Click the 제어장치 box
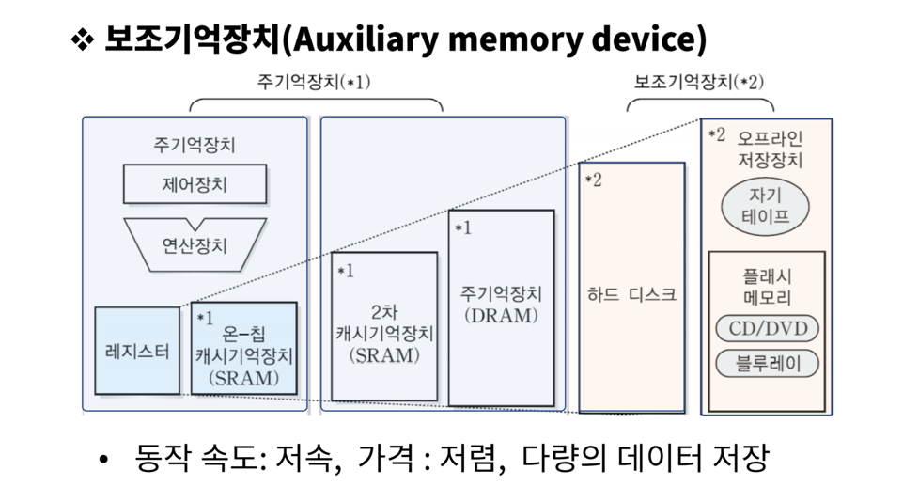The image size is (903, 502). click(195, 184)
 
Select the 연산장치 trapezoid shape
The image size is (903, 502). click(195, 246)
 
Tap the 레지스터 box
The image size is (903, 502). click(137, 351)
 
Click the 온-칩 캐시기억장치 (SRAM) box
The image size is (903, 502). click(244, 348)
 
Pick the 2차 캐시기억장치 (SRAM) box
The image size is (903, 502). click(384, 326)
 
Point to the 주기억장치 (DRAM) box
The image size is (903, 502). click(501, 307)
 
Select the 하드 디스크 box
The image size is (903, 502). click(631, 287)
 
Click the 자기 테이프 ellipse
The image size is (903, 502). click(765, 206)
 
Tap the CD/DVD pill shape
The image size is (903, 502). click(767, 328)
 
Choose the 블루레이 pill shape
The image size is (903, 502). click(767, 364)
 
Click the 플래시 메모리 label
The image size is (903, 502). click(767, 287)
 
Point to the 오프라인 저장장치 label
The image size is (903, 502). click(770, 149)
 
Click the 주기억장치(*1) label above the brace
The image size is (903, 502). click(313, 82)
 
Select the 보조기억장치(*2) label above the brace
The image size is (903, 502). click(698, 82)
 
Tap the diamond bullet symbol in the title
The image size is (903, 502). click(83, 39)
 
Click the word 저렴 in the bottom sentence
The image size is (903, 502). click(469, 458)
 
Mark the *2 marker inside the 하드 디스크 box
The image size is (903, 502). click(593, 180)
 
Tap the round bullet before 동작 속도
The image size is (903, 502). click(103, 460)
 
